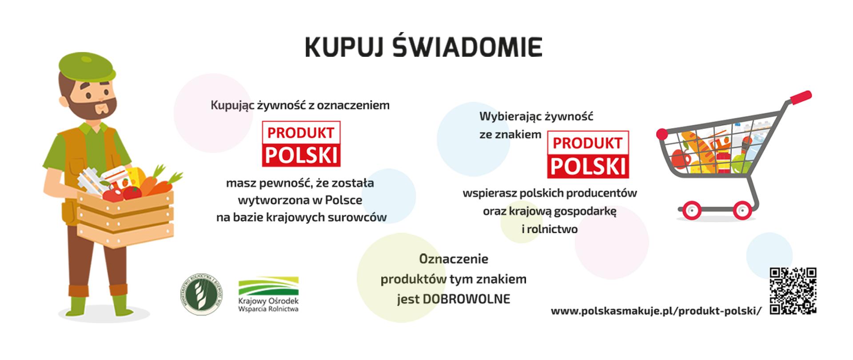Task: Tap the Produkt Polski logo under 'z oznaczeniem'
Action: pyautogui.click(x=301, y=144)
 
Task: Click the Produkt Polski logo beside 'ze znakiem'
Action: pyautogui.click(x=587, y=154)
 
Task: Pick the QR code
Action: pyautogui.click(x=793, y=291)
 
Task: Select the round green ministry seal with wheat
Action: pyautogui.click(x=201, y=294)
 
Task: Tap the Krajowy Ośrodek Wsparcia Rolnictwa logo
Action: pyautogui.click(x=268, y=294)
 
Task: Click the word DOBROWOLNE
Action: pyautogui.click(x=466, y=299)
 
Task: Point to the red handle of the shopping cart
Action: pyautogui.click(x=800, y=97)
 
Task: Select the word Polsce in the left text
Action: pyautogui.click(x=343, y=200)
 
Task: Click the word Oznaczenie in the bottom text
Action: pyautogui.click(x=454, y=259)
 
